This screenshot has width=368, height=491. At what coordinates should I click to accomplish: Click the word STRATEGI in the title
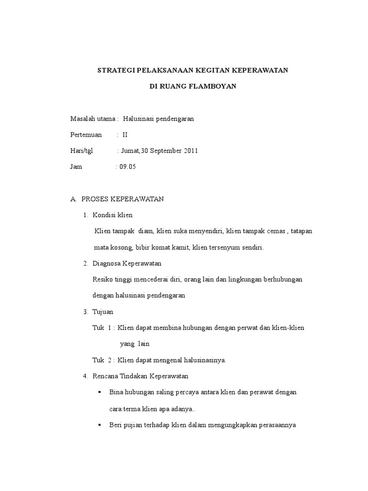116,70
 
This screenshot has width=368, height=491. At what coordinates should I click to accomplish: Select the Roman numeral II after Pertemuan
126,135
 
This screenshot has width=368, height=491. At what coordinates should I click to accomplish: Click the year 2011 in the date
190,151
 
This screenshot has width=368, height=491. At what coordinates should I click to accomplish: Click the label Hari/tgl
81,151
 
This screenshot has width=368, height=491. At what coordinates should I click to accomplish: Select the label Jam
76,167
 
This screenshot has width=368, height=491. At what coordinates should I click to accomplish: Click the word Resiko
102,280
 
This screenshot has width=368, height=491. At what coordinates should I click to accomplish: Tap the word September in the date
165,151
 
